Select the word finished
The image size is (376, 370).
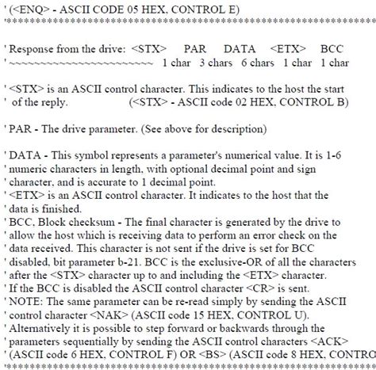point(75,209)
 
